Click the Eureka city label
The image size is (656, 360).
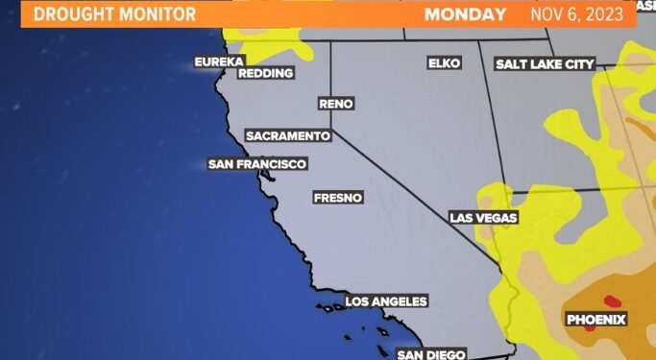[x=219, y=62]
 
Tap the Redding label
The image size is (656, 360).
[x=264, y=73]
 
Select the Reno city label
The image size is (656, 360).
[x=335, y=103]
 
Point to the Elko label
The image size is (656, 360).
[x=445, y=63]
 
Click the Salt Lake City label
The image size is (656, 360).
[x=545, y=64]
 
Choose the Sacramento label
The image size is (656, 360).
[x=288, y=136]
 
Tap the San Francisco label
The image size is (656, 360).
[x=257, y=164]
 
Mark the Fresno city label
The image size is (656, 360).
[x=338, y=198]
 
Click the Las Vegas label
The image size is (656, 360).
[x=484, y=218]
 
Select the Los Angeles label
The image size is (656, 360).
[x=385, y=301]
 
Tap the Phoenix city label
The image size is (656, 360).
[x=595, y=319]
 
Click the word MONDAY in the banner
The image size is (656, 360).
[x=465, y=14]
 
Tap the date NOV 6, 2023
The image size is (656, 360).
[x=582, y=14]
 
